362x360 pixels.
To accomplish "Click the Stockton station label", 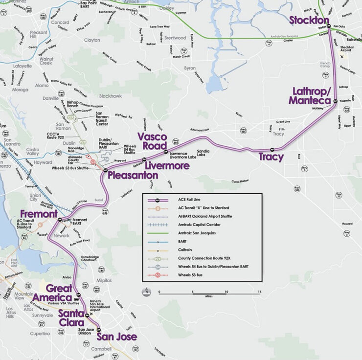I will pyautogui.click(x=309, y=20).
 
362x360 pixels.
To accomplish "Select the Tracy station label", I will pyautogui.click(x=271, y=157).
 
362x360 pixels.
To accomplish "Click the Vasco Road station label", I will pyautogui.click(x=152, y=140).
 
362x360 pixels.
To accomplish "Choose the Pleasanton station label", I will pyautogui.click(x=133, y=175).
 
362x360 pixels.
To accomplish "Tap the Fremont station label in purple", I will pyautogui.click(x=39, y=214).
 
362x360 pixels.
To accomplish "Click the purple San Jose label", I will pyautogui.click(x=116, y=337).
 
